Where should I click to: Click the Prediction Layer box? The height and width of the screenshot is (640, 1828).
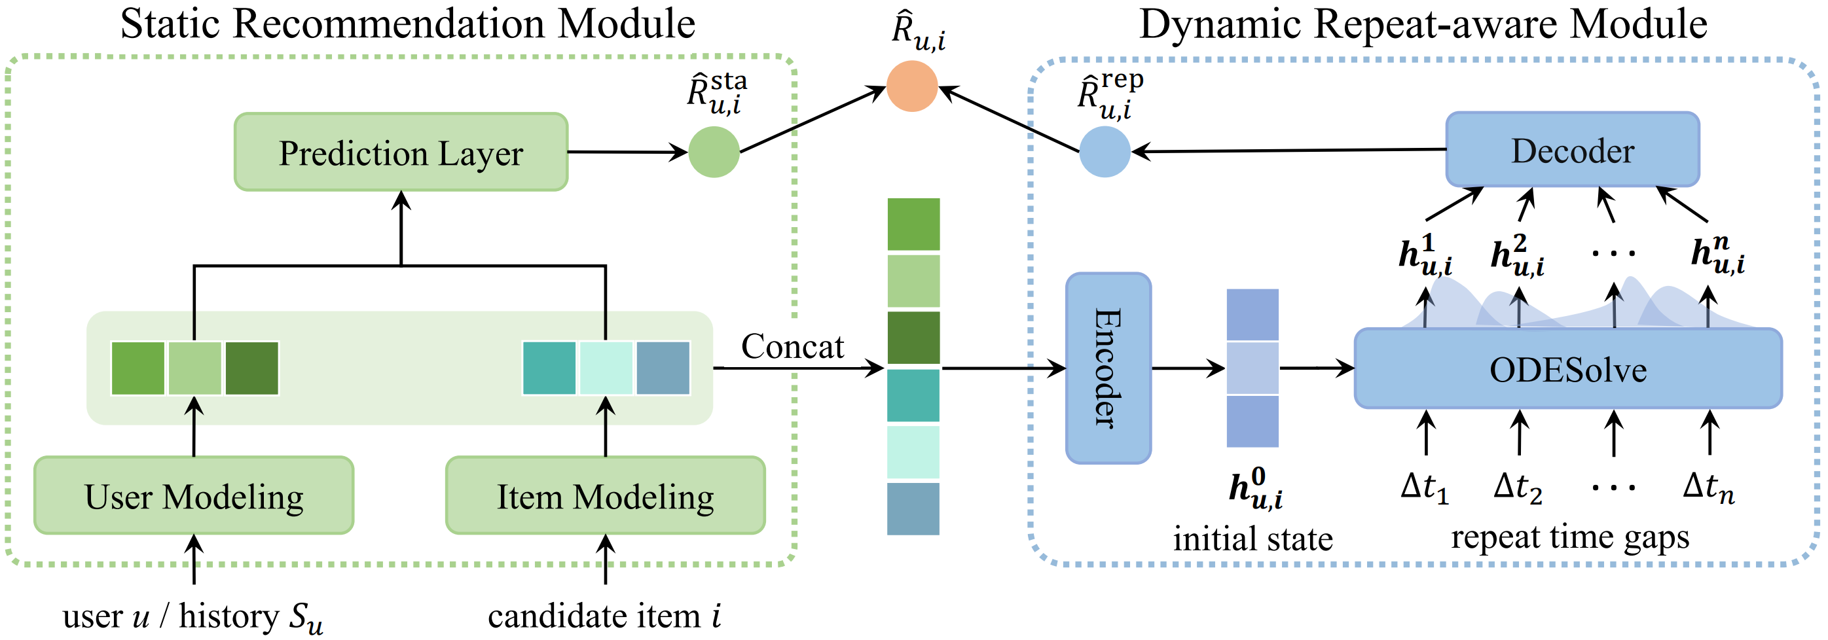(401, 152)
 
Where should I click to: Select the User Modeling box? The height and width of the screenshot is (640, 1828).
(194, 495)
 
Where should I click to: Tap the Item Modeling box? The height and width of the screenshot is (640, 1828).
(606, 495)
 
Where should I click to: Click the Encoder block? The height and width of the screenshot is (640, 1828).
(1108, 368)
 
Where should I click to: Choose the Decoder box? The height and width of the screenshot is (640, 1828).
(1573, 151)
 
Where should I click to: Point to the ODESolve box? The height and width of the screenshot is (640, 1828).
(1568, 369)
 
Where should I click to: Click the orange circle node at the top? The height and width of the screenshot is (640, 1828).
(913, 86)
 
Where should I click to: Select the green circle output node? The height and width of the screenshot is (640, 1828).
(714, 152)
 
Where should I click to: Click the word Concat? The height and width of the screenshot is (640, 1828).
(793, 346)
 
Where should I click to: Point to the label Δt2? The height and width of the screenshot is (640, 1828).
(1518, 488)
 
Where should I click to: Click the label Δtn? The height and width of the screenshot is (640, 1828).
(1709, 488)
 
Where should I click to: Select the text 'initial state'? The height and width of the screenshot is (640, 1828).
(1252, 539)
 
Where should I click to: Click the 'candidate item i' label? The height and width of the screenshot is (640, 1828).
(604, 615)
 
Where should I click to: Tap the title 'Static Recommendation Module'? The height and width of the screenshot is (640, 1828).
(407, 24)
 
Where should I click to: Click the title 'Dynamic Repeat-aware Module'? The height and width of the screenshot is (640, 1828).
(1423, 24)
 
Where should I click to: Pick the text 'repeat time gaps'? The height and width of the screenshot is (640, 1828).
(1569, 537)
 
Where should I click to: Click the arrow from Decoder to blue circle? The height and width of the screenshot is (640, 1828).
(1288, 151)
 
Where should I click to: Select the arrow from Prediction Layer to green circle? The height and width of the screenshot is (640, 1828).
(627, 152)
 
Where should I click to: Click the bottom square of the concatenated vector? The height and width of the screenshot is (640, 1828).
(913, 508)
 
